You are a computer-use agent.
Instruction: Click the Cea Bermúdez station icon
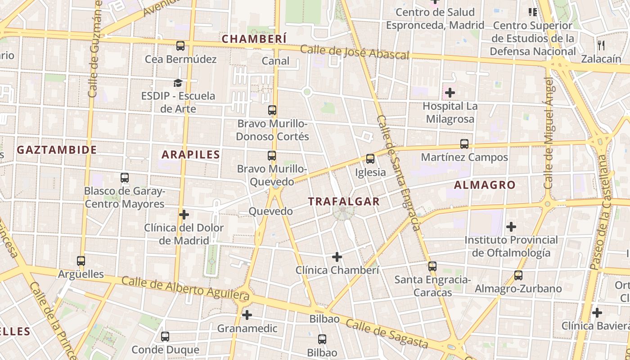tap(180, 45)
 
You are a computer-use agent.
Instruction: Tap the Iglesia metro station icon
tap(370, 158)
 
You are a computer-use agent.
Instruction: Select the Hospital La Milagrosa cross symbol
tap(450, 93)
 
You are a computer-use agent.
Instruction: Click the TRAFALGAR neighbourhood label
tap(344, 202)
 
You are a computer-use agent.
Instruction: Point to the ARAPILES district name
tap(191, 155)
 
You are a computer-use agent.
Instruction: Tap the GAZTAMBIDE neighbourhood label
tap(57, 150)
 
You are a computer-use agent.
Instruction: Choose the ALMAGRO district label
tap(485, 185)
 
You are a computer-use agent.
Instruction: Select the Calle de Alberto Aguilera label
tap(185, 288)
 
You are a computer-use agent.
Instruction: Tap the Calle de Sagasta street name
tap(387, 334)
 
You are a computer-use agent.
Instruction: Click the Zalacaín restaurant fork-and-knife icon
tap(601, 45)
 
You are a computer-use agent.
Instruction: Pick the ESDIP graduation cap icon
tap(178, 83)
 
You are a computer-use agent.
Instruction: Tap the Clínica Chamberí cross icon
tap(337, 257)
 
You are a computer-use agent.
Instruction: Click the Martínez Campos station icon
tap(464, 144)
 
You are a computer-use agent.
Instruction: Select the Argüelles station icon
tap(81, 261)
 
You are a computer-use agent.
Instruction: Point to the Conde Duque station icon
tap(165, 336)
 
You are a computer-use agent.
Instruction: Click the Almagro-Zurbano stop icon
tap(518, 275)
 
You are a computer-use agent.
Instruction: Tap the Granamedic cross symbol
tap(247, 315)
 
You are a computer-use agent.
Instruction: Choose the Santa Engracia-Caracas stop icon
tap(432, 266)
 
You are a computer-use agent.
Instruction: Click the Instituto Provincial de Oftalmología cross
tap(511, 227)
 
